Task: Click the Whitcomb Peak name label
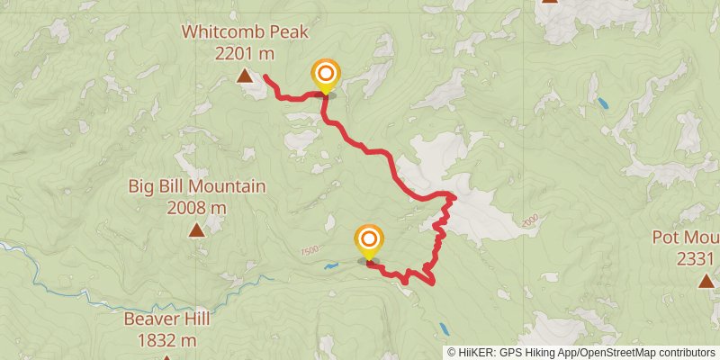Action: (245, 32)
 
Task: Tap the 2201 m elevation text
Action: (245, 53)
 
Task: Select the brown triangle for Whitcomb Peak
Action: (245, 77)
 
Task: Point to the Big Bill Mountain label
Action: (196, 187)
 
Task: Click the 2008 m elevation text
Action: (196, 208)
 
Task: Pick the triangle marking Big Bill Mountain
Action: (196, 231)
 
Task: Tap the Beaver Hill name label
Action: (166, 319)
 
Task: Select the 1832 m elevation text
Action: (166, 340)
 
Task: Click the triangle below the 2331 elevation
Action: (705, 282)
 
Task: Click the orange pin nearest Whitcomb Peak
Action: (325, 74)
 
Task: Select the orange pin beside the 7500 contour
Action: (368, 239)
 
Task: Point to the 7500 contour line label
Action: (311, 252)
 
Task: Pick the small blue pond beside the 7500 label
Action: (332, 266)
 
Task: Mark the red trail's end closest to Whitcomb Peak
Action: (265, 77)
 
